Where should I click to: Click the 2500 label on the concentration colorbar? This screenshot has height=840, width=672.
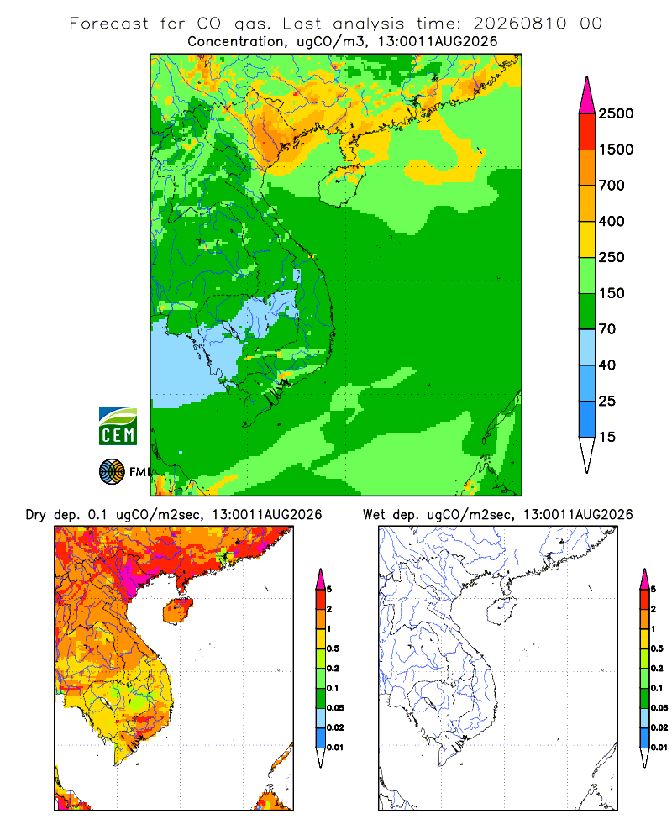tap(616, 113)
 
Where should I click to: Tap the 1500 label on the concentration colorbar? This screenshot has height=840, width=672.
tap(616, 150)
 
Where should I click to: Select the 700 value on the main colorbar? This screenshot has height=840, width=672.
tap(612, 186)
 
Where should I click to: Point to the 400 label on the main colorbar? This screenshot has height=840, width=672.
tap(612, 221)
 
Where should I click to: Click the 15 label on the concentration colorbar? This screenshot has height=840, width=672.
tap(607, 437)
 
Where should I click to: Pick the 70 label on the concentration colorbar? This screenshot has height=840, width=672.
tap(607, 329)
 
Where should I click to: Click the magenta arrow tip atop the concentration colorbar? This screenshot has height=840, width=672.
tap(587, 96)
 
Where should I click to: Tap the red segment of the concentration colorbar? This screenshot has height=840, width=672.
tap(587, 132)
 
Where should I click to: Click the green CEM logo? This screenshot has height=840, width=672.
tap(118, 427)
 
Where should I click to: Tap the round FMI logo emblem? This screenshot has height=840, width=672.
tap(112, 472)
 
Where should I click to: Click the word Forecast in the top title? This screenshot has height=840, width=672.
tap(109, 24)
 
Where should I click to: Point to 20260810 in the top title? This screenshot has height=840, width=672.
tap(519, 24)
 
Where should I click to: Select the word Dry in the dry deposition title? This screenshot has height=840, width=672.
tap(36, 515)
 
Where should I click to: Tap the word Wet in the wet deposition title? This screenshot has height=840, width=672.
tap(374, 515)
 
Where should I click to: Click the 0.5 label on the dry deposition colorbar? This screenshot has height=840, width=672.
tap(333, 648)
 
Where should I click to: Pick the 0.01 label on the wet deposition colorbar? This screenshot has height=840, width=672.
tap(659, 748)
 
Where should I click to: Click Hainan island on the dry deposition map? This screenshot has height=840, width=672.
tap(177, 610)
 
